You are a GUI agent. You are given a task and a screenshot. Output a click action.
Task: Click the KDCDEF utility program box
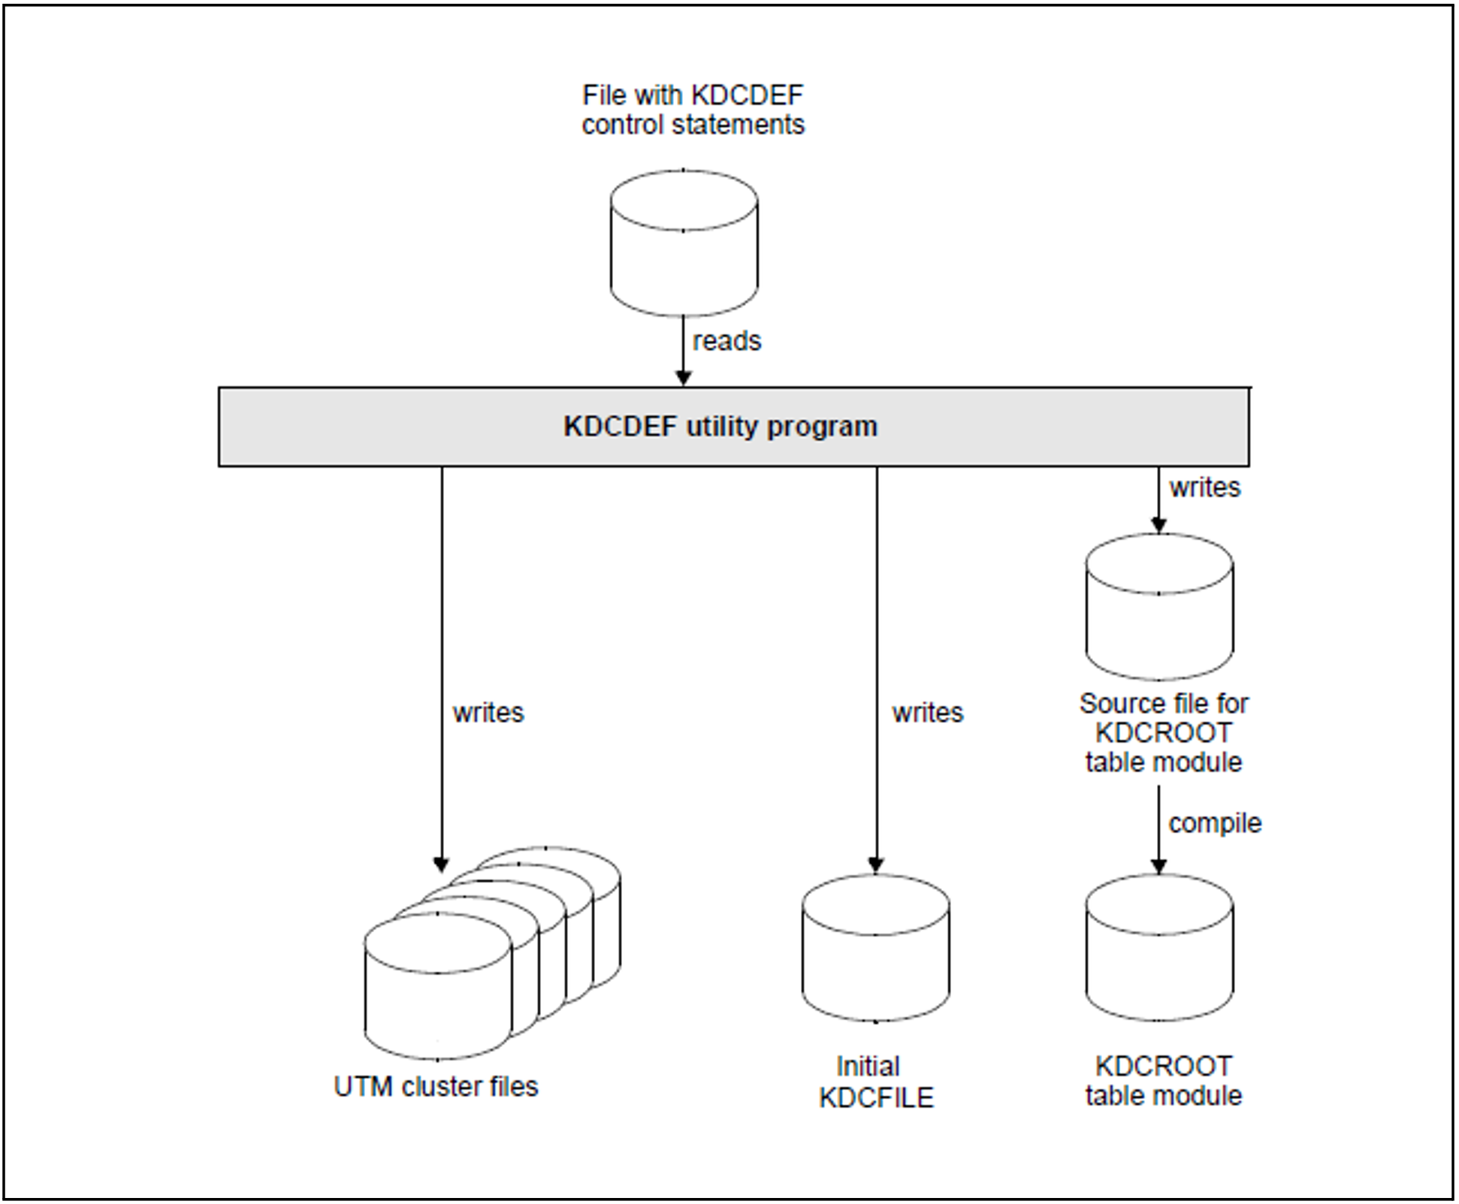click(733, 427)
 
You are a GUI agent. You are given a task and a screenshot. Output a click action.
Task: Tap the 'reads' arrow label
click(726, 341)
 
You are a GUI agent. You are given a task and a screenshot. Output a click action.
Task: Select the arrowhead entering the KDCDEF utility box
click(684, 378)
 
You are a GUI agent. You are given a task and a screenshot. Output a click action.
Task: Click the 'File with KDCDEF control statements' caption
click(693, 110)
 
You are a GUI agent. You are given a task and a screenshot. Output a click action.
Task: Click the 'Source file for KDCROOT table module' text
click(1163, 732)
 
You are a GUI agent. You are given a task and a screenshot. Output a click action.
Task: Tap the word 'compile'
click(1214, 823)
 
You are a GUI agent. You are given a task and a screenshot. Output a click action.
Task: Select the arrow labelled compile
click(1158, 826)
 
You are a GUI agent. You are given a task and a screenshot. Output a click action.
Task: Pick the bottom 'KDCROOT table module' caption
click(1163, 1081)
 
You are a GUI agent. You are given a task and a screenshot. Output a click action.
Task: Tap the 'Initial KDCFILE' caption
click(876, 1082)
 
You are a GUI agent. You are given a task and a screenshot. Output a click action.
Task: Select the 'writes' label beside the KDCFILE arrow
click(927, 712)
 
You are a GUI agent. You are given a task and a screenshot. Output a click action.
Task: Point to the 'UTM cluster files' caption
click(436, 1087)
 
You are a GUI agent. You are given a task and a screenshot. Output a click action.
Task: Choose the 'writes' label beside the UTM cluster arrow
click(488, 712)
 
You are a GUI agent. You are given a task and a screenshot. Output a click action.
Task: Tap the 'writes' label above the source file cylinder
click(1204, 487)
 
